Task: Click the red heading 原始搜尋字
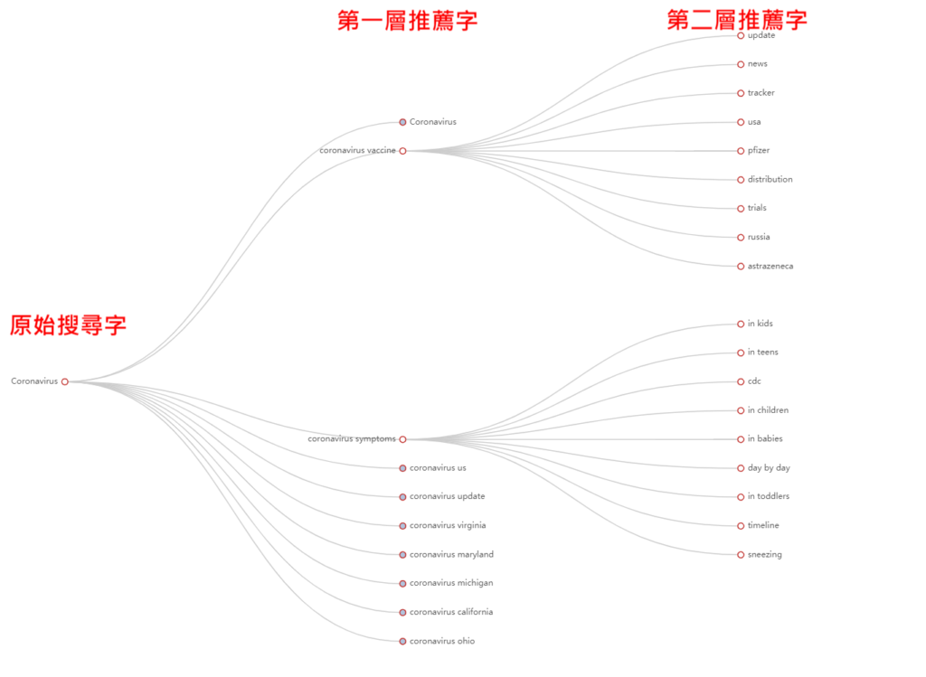[68, 325]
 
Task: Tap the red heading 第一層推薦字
[408, 21]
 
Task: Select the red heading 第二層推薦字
[737, 20]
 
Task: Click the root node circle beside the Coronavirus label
[65, 381]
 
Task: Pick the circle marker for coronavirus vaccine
[402, 151]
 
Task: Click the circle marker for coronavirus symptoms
[402, 439]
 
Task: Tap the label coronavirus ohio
[442, 641]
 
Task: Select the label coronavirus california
[451, 612]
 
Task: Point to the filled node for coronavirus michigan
[402, 584]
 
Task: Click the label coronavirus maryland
[452, 555]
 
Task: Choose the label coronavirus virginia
[448, 525]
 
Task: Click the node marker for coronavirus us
[402, 468]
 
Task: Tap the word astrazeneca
[770, 267]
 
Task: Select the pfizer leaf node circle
[741, 151]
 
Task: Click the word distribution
[770, 180]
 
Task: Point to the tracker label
[761, 93]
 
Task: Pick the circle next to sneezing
[741, 555]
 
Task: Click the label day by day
[769, 468]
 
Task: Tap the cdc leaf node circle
[741, 381]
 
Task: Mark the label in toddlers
[769, 496]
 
